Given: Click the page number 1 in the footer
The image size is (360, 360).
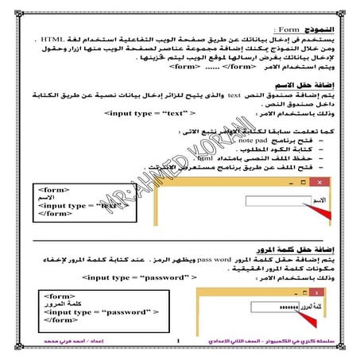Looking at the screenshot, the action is click(180, 343).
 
